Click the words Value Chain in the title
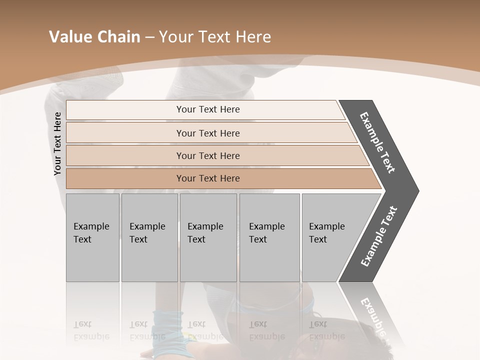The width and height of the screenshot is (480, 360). (x=94, y=37)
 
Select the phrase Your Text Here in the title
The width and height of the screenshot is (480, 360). (x=215, y=37)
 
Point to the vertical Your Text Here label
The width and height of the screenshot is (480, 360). (x=57, y=144)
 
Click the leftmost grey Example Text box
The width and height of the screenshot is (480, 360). (x=92, y=237)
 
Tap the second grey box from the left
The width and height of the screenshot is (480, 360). (x=149, y=237)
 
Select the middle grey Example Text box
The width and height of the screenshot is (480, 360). (x=208, y=237)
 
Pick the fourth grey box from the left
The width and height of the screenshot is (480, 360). (x=269, y=237)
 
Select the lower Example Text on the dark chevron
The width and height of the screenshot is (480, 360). (x=379, y=236)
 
